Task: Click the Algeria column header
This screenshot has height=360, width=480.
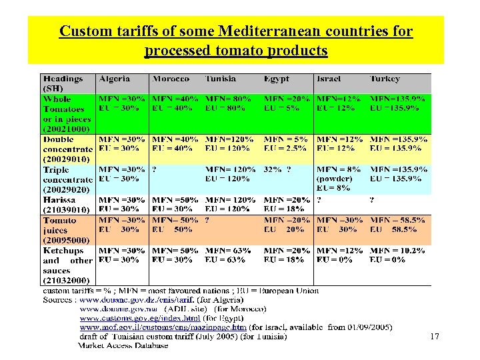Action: click(x=114, y=79)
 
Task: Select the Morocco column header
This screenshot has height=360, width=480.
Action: click(x=171, y=79)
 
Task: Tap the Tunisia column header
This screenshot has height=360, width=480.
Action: click(x=221, y=79)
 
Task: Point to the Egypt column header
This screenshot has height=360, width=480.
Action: click(x=277, y=79)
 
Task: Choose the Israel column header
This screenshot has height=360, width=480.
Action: click(x=330, y=79)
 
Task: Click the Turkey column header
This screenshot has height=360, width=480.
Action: click(x=386, y=79)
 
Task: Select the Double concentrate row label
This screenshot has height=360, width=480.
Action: click(x=67, y=149)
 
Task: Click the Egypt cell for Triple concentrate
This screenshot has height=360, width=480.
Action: click(x=277, y=169)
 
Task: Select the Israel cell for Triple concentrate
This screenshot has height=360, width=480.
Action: click(x=338, y=179)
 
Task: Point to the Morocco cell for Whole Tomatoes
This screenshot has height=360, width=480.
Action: click(x=175, y=103)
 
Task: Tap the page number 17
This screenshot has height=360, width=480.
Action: click(x=435, y=337)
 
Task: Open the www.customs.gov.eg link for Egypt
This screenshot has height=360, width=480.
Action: click(x=131, y=318)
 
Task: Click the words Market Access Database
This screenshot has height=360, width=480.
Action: click(x=123, y=345)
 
